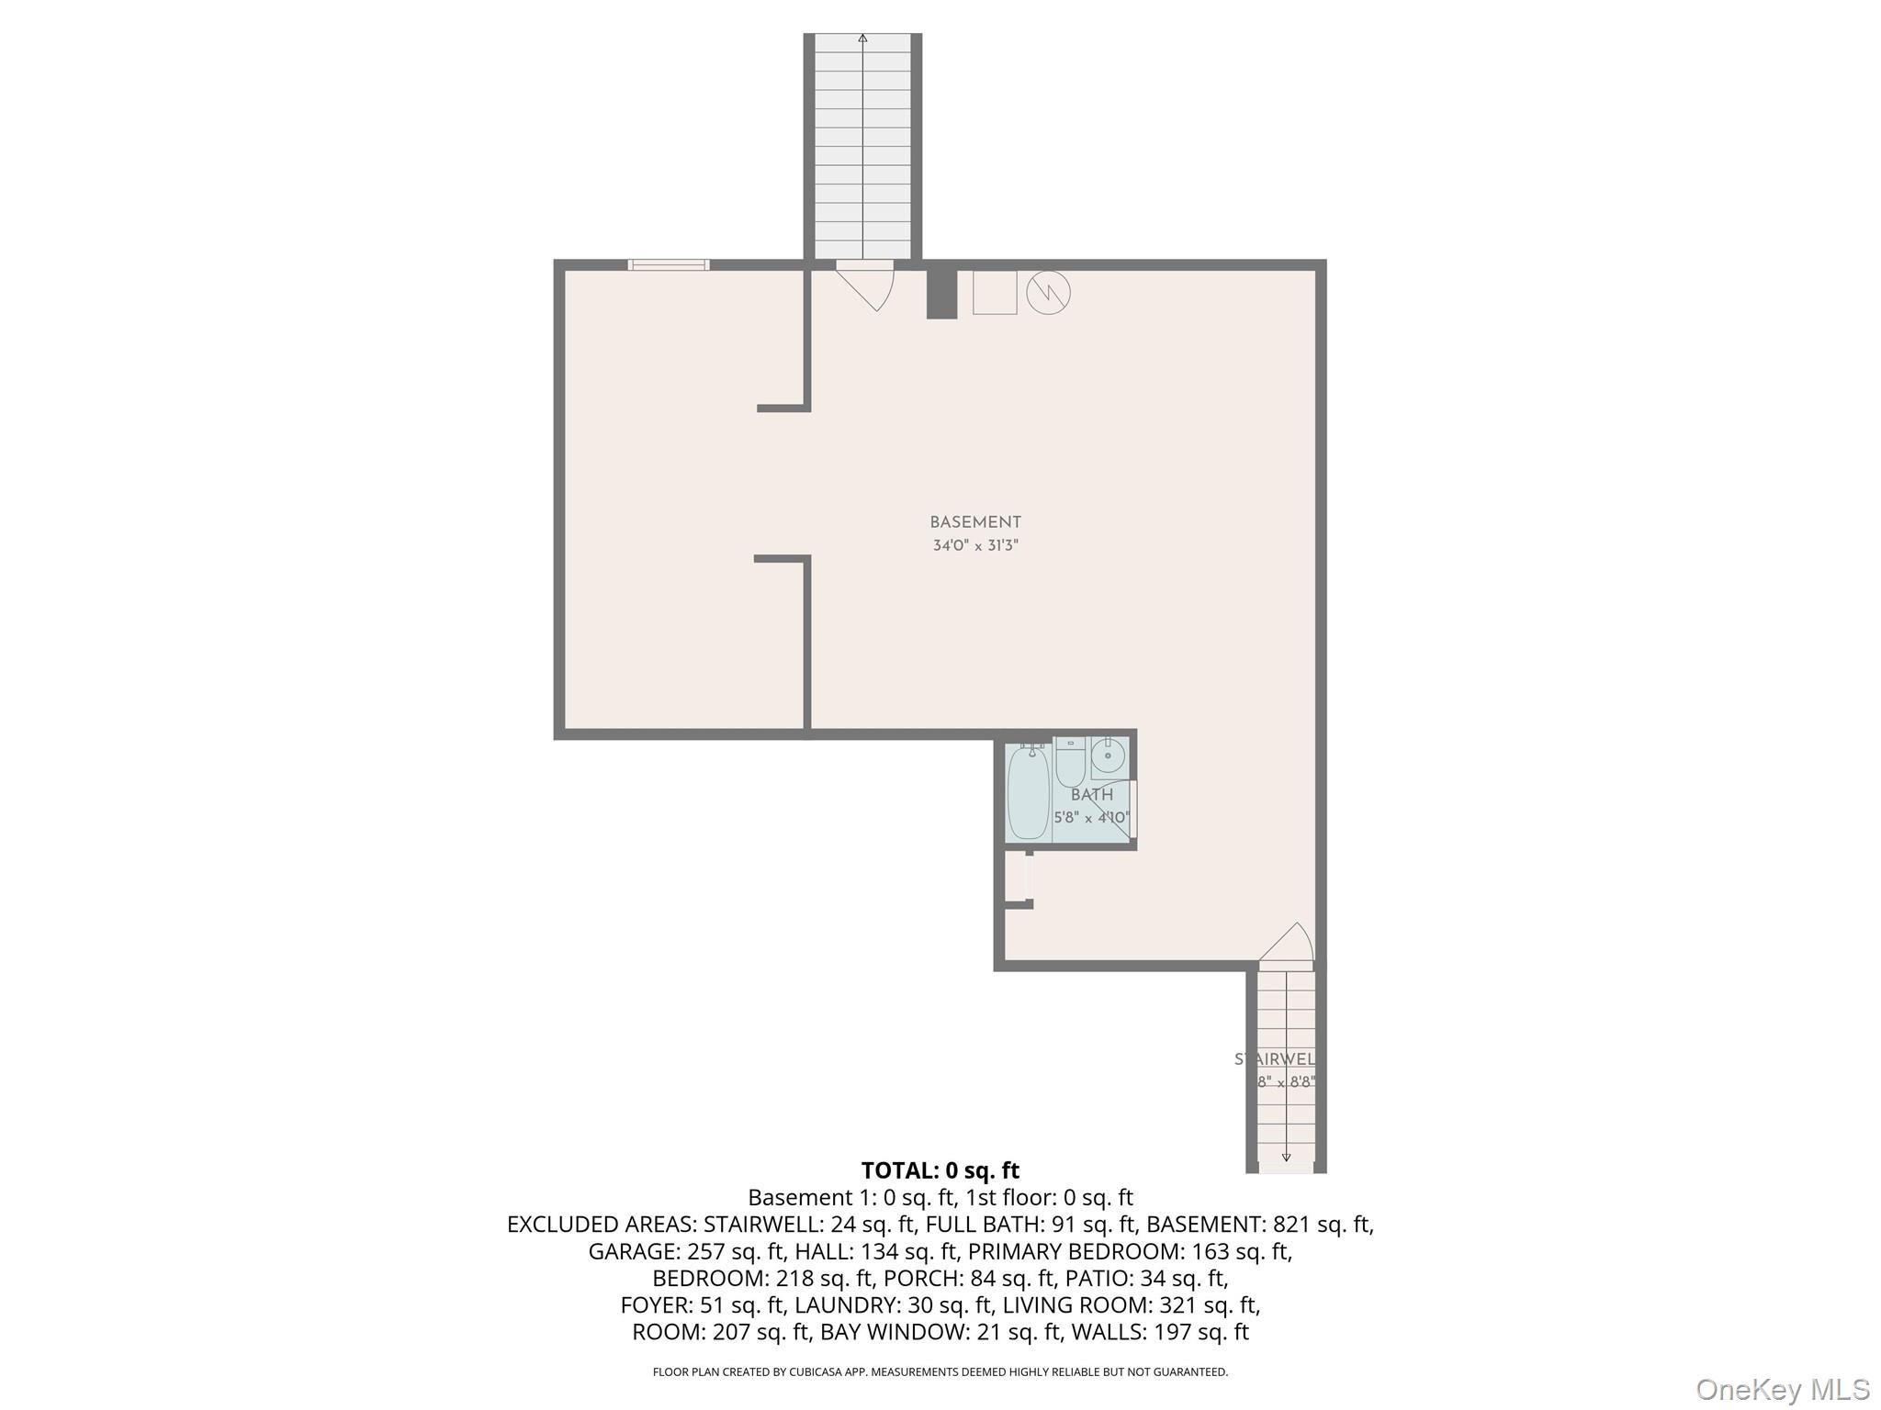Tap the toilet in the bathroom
coord(1070,765)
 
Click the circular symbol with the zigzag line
coord(1048,293)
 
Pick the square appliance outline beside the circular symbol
coord(995,293)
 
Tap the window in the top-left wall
coord(669,265)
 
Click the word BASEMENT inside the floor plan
coord(975,522)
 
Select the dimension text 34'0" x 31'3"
coord(975,545)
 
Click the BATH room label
coord(1092,795)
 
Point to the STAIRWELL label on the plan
coord(1275,1059)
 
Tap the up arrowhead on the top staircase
coord(862,39)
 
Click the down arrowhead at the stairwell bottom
coord(1286,1158)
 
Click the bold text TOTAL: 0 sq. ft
coord(940,1170)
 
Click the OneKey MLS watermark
coord(1782,1390)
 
